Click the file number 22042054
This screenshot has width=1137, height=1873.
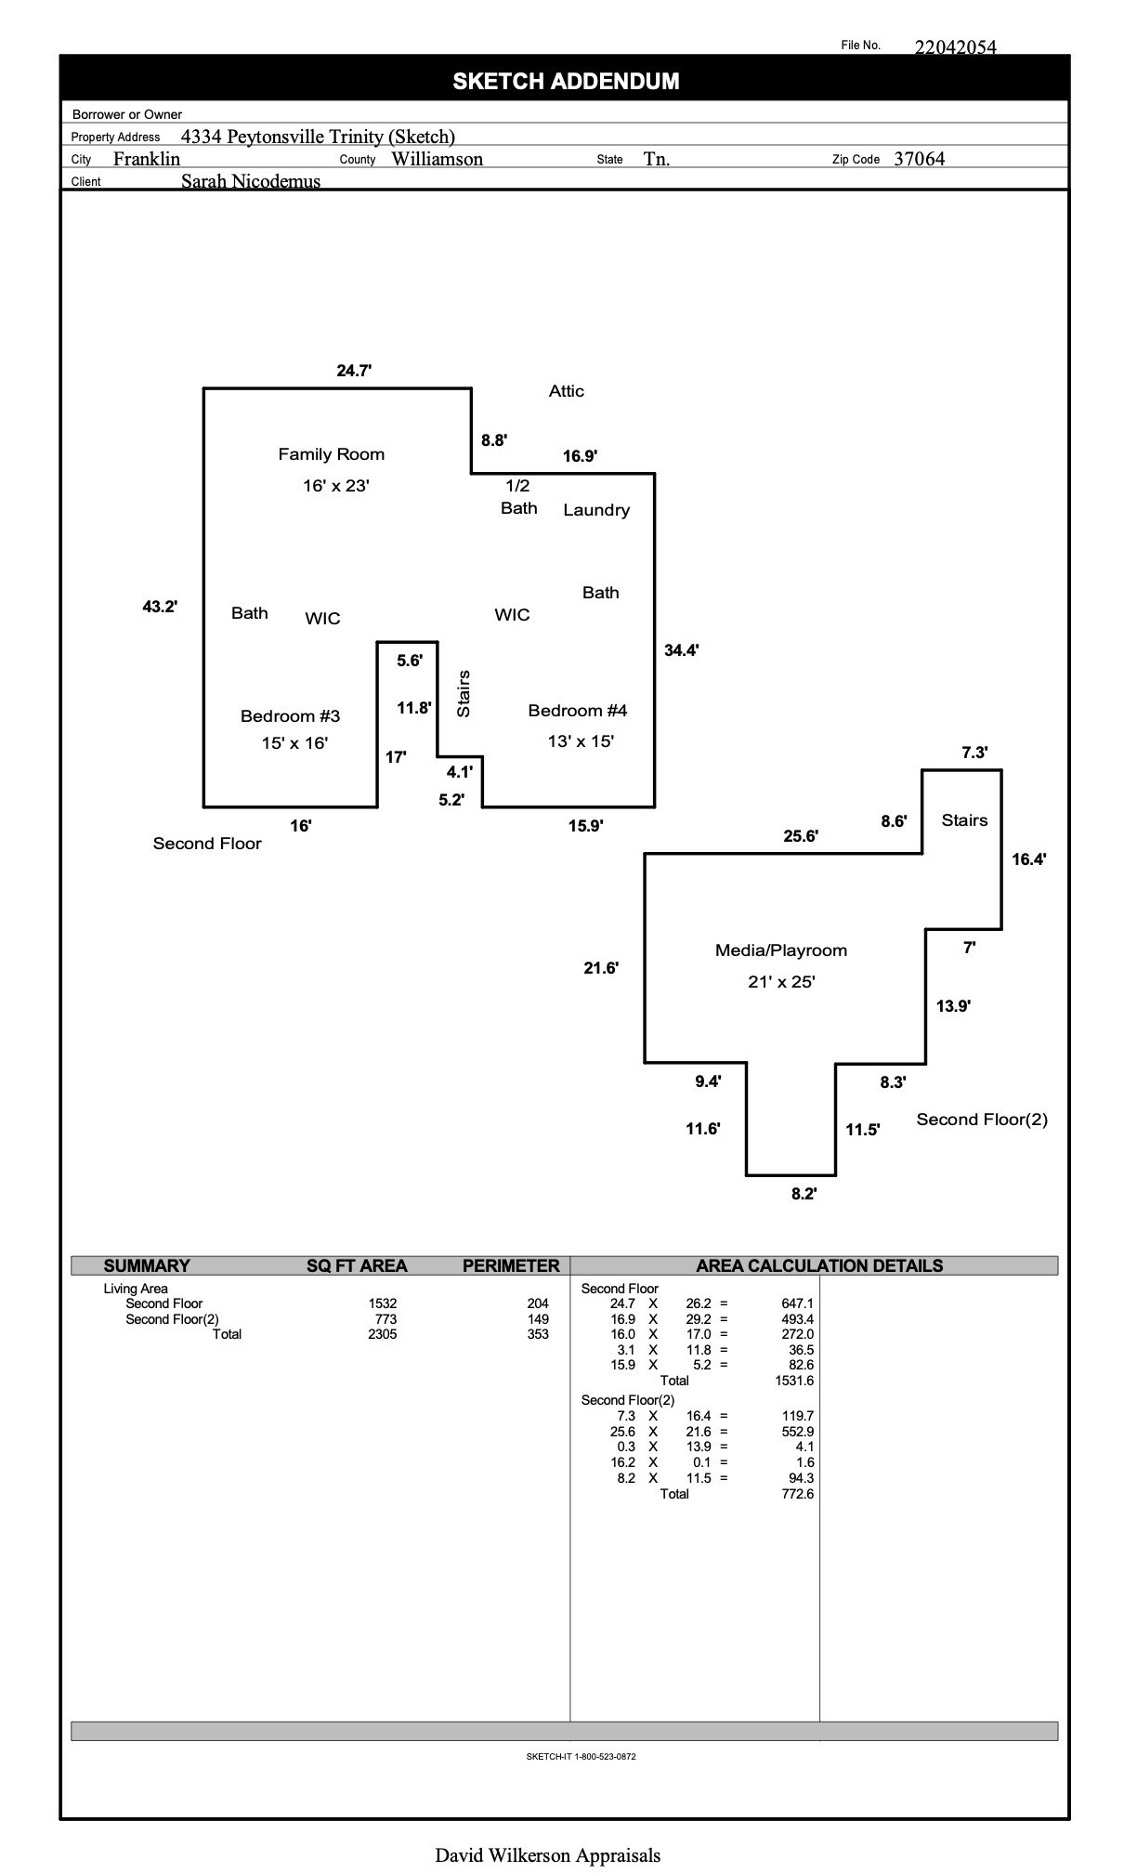point(955,47)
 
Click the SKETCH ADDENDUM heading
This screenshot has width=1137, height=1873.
point(566,81)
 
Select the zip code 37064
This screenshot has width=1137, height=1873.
point(919,159)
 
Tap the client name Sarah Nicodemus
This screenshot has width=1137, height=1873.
point(251,181)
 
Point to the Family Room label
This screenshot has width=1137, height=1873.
point(331,454)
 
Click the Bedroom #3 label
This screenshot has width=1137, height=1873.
point(290,716)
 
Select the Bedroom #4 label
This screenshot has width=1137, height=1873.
point(577,711)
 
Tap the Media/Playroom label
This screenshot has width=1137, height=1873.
point(780,950)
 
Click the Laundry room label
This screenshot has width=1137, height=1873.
point(596,510)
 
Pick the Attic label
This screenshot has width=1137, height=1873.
point(566,391)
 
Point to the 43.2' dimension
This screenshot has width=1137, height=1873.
point(160,607)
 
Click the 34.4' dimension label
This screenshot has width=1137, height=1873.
point(681,650)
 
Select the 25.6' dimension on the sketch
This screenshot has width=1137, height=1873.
point(800,836)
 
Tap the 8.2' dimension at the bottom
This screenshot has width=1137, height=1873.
point(804,1194)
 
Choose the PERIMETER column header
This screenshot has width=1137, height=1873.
point(511,1265)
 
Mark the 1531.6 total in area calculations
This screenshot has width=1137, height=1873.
point(794,1381)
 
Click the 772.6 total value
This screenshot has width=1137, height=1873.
point(797,1494)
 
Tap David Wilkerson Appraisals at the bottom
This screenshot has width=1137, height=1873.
point(547,1855)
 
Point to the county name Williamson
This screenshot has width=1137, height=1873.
point(437,159)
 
